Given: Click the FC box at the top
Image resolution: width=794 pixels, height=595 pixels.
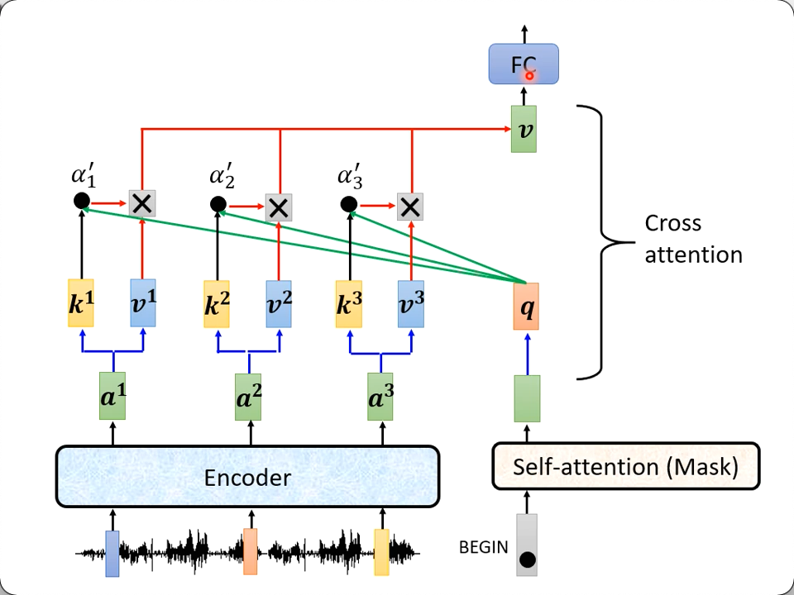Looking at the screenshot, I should click(524, 64).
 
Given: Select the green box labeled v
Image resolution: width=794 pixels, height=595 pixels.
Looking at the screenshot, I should click(524, 129).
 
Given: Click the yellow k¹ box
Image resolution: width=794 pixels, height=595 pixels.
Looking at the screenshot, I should click(82, 302).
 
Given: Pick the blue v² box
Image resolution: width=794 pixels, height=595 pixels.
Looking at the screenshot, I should click(279, 303).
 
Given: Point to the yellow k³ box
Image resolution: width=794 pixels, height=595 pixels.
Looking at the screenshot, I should click(348, 303).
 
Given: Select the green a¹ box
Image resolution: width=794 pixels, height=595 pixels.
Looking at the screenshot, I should click(113, 397).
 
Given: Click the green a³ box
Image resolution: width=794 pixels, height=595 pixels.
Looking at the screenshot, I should click(381, 397).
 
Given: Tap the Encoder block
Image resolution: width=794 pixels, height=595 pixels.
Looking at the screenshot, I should click(246, 477).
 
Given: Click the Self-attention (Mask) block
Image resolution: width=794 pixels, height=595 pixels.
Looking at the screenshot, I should click(625, 467).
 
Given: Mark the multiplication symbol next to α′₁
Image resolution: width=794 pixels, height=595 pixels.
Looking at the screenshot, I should click(142, 203).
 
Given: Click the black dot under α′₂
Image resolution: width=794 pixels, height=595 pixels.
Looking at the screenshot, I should click(218, 204).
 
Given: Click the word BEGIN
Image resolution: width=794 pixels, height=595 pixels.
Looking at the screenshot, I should click(484, 547).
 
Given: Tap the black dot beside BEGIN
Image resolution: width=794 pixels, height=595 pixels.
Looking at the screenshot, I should click(527, 560).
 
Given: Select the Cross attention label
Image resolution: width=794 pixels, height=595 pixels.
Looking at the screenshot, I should click(693, 239).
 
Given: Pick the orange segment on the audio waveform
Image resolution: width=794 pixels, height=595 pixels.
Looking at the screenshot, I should click(251, 552).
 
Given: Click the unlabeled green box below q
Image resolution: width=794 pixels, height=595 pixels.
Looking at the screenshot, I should click(527, 398).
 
